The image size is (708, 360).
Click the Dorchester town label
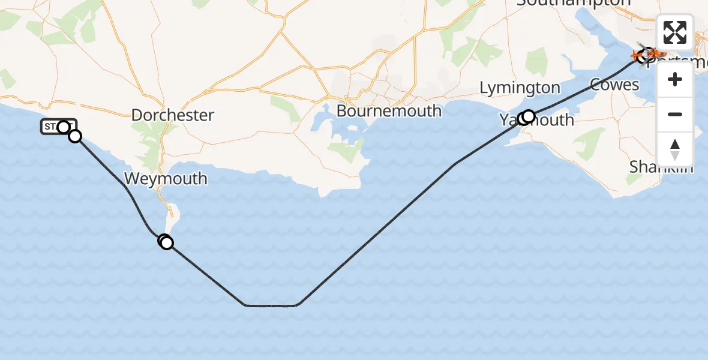172,115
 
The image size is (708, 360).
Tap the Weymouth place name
166,179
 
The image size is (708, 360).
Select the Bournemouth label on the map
389,111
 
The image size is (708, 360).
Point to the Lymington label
520,88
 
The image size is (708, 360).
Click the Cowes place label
614,85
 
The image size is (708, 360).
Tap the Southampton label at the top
574,3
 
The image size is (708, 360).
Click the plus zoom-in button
675,80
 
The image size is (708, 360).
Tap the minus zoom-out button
675,115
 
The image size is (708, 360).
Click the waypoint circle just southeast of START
75,136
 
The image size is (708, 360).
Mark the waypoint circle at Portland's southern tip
166,242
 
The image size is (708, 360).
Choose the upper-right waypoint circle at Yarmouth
529,115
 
